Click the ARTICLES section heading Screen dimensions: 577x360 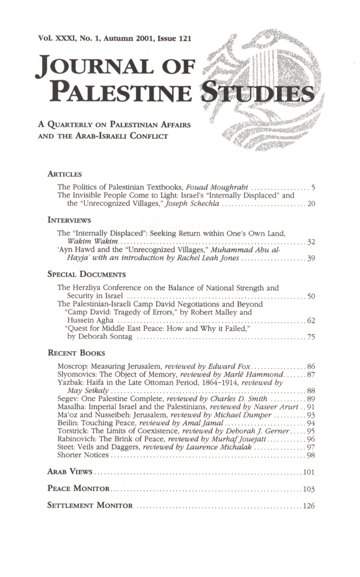click(65, 174)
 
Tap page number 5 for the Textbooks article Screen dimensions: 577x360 click(313, 187)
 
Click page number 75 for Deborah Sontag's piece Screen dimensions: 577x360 click(311, 337)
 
